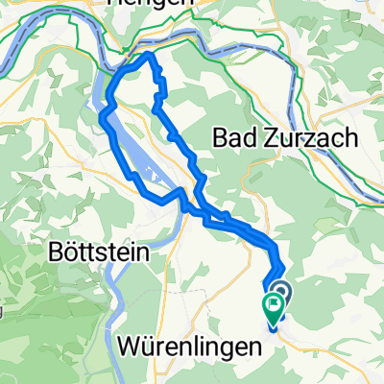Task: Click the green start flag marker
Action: point(273,308)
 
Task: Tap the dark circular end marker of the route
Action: point(281,292)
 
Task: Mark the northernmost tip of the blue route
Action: point(149,55)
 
